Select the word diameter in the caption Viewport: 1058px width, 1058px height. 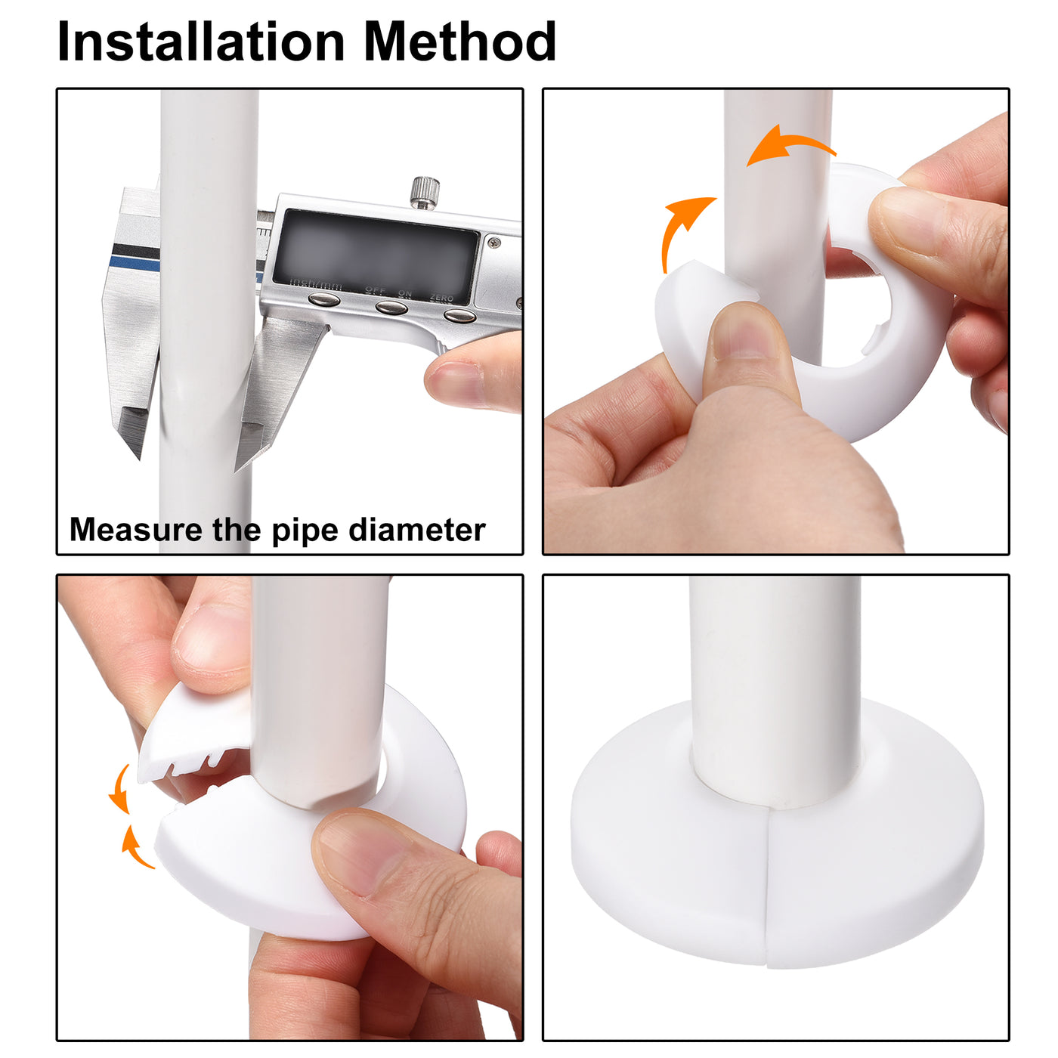pyautogui.click(x=416, y=530)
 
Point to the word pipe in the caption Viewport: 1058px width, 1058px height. pyautogui.click(x=305, y=531)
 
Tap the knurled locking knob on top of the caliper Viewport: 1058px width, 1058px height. pyautogui.click(x=425, y=191)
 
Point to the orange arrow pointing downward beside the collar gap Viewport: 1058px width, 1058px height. pyautogui.click(x=119, y=790)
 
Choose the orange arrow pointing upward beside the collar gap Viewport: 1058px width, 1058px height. pyautogui.click(x=134, y=846)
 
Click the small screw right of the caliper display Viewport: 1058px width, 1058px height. pyautogui.click(x=493, y=243)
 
